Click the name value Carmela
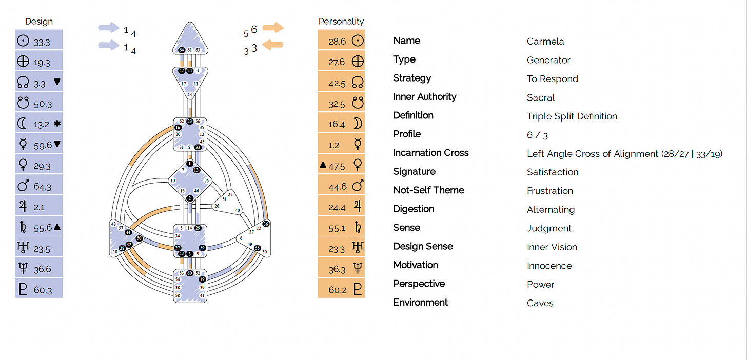[x=545, y=42]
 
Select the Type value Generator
[x=548, y=61]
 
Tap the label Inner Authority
[x=424, y=97]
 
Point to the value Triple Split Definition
[x=572, y=116]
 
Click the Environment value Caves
[x=540, y=303]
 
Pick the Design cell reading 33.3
[x=39, y=42]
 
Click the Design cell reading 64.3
[x=39, y=186]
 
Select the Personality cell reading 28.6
[x=341, y=41]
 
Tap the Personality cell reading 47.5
[x=341, y=165]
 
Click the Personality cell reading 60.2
[x=341, y=289]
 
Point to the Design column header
[x=39, y=22]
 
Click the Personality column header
[x=341, y=22]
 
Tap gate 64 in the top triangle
[x=182, y=50]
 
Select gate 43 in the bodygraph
[x=189, y=95]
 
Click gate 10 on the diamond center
[x=173, y=181]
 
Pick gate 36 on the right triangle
[x=265, y=224]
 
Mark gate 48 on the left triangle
[x=113, y=224]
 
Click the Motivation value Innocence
[x=549, y=266]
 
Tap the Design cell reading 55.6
[x=39, y=227]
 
